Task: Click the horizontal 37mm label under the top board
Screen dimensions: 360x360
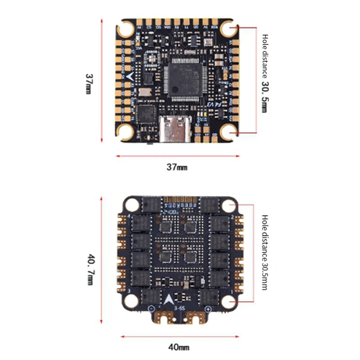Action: pyautogui.click(x=177, y=167)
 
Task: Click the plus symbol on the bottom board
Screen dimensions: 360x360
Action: pyautogui.click(x=208, y=309)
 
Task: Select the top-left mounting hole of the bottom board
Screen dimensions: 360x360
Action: pyautogui.click(x=132, y=206)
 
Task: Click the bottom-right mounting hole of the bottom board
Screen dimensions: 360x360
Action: pyautogui.click(x=229, y=297)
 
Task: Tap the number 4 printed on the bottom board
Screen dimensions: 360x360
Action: pyautogui.click(x=130, y=218)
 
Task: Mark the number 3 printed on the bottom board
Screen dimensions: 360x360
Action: pyautogui.click(x=130, y=292)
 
